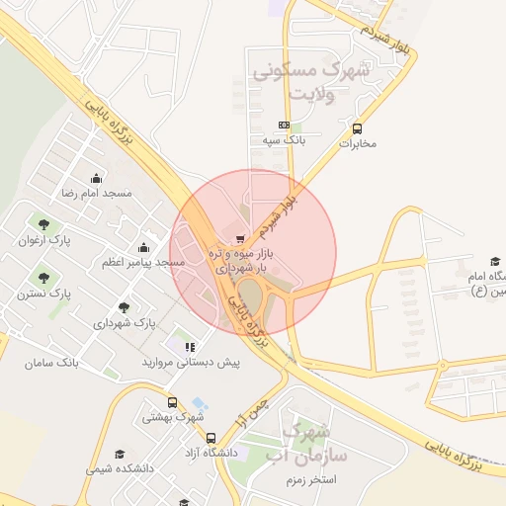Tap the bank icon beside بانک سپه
coord(285,126)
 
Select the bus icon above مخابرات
coord(357,128)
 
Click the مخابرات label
coord(359,143)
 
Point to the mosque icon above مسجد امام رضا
coord(95,179)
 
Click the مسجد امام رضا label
coord(96,195)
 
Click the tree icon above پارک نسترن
coord(44,276)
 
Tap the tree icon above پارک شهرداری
coord(124,307)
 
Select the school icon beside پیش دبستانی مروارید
coord(190,347)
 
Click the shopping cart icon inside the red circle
coord(240,238)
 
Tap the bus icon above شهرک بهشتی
coord(173,402)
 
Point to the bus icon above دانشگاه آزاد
coord(211,436)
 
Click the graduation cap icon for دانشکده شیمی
coord(121,455)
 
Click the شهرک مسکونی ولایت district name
coord(308,82)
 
